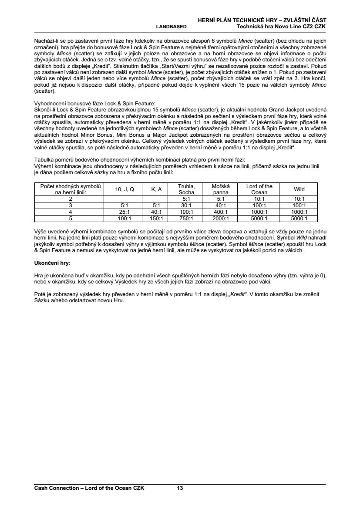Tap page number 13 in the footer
pos(180,488)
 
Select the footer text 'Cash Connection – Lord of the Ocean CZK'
pos(89,488)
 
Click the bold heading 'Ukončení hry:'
pos(52,263)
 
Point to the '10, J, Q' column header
pos(124,189)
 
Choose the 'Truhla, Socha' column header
pos(186,189)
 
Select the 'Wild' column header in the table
pos(299,189)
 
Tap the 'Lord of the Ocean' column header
pos(259,189)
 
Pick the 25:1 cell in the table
pos(124,212)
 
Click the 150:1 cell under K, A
pos(156,219)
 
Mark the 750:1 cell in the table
pos(186,219)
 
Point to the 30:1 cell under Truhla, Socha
pos(186,206)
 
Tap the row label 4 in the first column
pos(70,212)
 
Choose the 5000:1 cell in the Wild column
pos(299,219)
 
